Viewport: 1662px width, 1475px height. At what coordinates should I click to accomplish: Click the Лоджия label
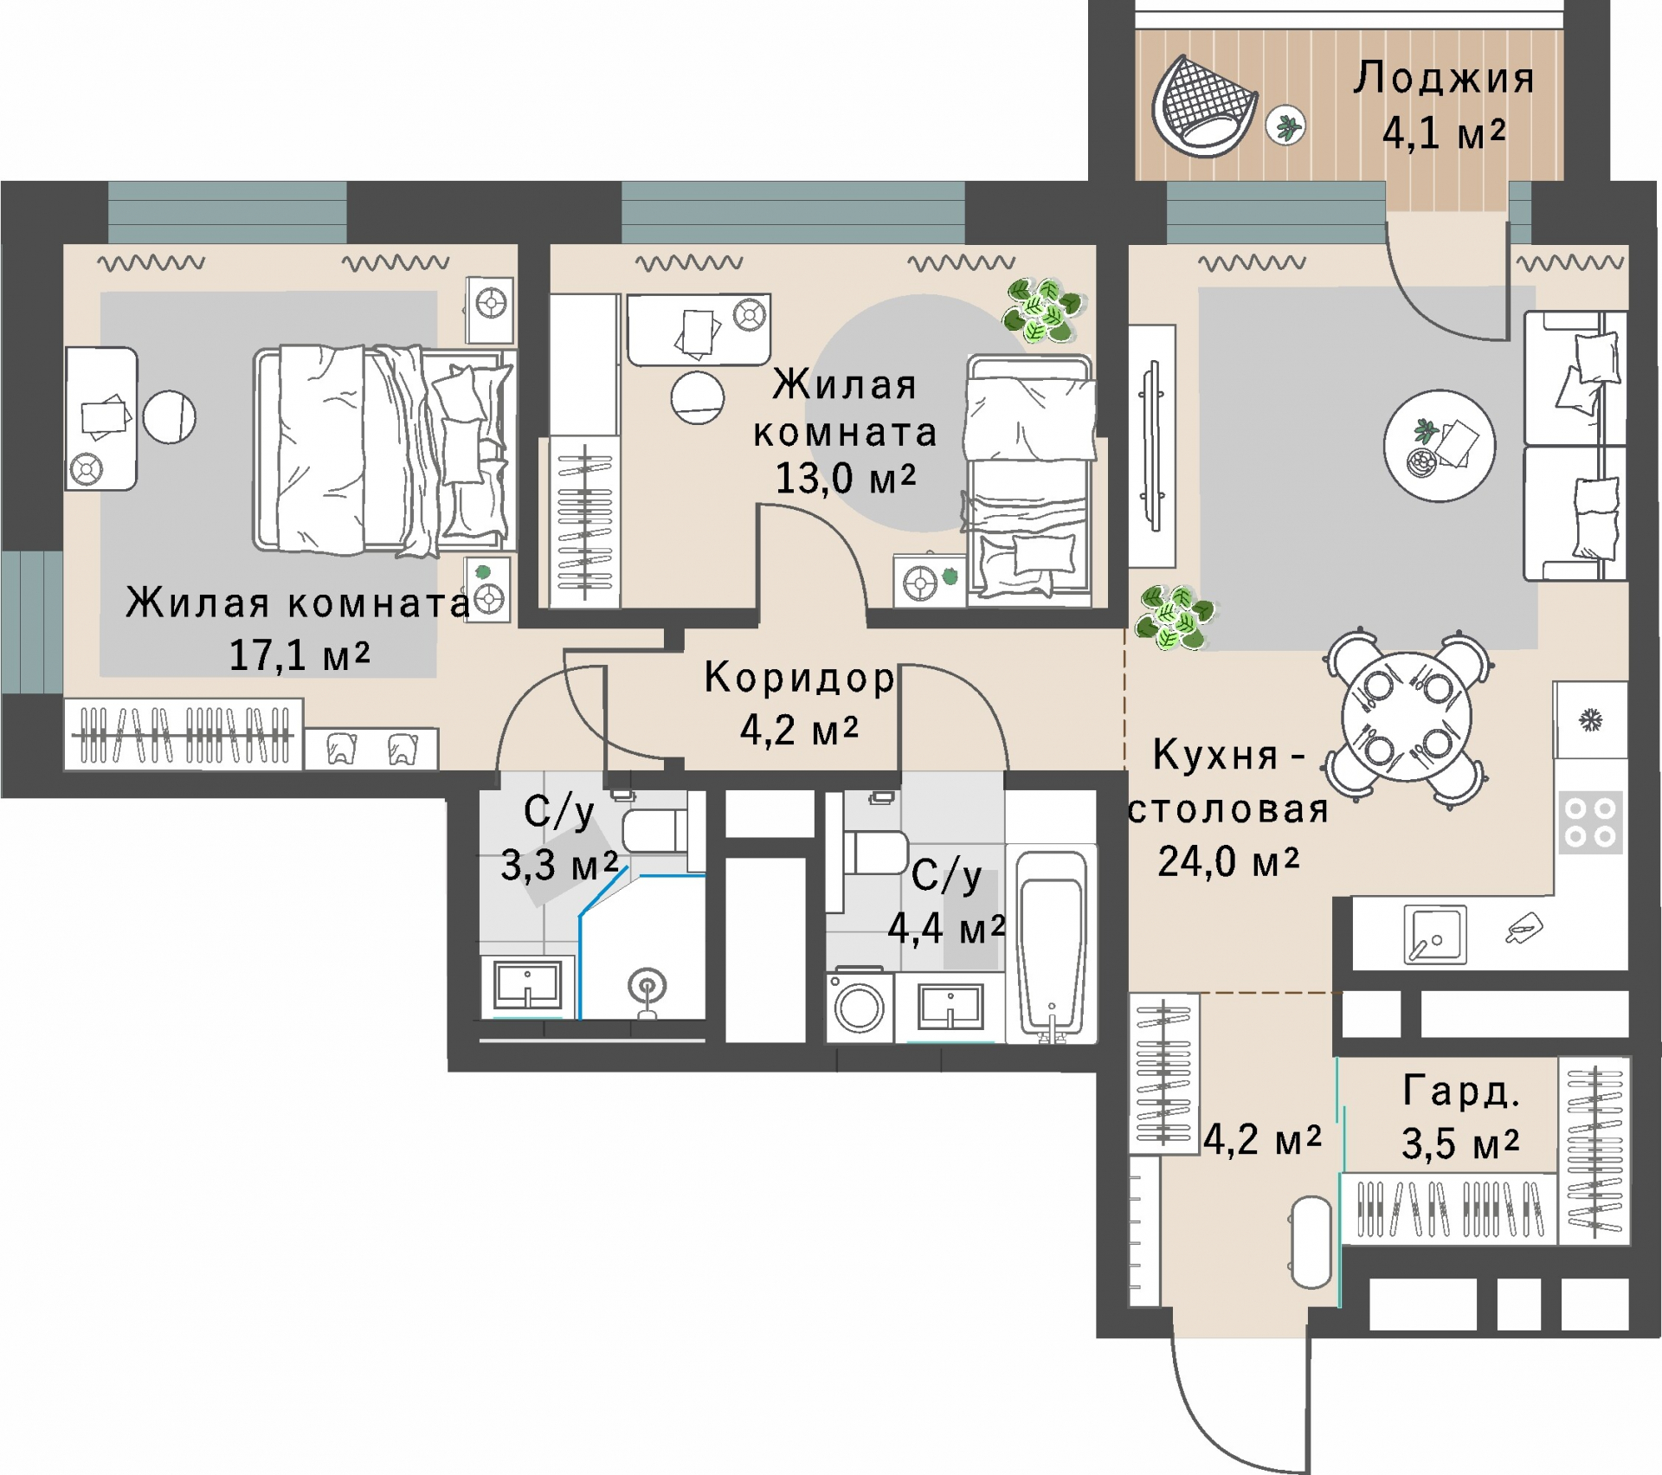click(1444, 79)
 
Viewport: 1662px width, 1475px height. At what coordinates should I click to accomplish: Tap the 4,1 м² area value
click(1444, 133)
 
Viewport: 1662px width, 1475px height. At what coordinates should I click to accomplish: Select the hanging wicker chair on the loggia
click(1203, 106)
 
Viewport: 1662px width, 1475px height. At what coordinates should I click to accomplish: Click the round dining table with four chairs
click(1407, 718)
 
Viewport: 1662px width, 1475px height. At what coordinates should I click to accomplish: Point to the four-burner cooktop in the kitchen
click(1590, 822)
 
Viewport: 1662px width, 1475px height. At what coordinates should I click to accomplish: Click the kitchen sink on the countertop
click(1434, 935)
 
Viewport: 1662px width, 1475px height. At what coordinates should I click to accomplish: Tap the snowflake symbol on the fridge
click(1591, 719)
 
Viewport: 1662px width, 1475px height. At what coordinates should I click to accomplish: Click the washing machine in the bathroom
click(859, 1006)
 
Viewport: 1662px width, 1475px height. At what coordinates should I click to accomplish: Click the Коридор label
click(799, 678)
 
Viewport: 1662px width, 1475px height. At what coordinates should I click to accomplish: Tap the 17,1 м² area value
click(300, 655)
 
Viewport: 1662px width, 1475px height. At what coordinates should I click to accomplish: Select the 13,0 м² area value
click(845, 478)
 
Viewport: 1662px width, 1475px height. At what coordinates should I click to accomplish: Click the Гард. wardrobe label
click(1461, 1092)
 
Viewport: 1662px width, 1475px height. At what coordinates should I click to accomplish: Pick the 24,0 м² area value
click(1228, 861)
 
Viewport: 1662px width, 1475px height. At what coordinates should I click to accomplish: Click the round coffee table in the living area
click(1439, 445)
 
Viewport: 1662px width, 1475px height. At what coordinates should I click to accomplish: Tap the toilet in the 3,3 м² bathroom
click(655, 831)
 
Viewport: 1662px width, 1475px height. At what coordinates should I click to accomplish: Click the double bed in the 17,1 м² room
click(385, 449)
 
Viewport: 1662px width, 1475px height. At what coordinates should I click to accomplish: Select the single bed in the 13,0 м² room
click(1029, 477)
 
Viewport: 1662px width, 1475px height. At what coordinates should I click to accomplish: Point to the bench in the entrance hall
click(1311, 1242)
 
